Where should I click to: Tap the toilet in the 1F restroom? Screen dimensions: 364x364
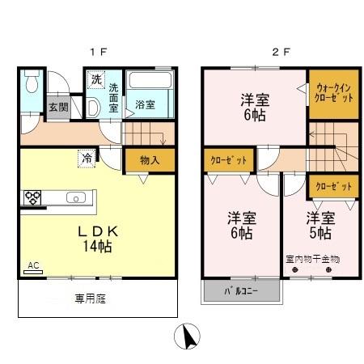coord(32,83)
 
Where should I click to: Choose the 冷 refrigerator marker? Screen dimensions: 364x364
coord(87,159)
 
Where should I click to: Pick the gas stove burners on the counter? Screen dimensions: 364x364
coord(33,197)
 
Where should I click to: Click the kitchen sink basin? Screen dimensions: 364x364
coord(74,197)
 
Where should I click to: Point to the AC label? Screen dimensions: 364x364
coord(32,265)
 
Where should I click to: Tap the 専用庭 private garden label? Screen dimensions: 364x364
coord(91,298)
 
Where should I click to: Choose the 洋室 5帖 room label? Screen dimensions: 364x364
coord(319,225)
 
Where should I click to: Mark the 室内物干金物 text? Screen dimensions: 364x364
coord(312,260)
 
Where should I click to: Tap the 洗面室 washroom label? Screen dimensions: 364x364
coord(114,92)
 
